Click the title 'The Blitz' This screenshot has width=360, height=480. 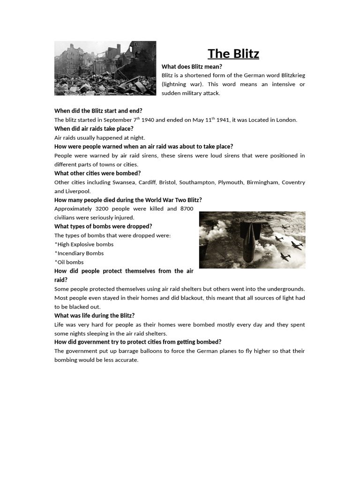pos(233,54)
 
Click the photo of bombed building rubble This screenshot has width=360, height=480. pos(105,68)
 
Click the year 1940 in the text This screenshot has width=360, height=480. pos(148,120)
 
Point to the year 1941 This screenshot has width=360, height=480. pos(223,120)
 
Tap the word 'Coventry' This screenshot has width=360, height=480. pos(293,182)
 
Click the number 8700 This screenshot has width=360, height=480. pos(186,209)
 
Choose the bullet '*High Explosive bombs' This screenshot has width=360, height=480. pos(84,244)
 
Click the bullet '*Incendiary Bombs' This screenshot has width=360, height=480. pos(79,253)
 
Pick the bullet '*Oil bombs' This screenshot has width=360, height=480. pos(69,262)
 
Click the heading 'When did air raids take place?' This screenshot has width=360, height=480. pos(94,128)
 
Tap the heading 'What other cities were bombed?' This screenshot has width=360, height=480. pos(97,173)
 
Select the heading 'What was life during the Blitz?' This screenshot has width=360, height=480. pos(94,315)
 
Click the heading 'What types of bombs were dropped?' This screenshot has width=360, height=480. pos(103,226)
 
